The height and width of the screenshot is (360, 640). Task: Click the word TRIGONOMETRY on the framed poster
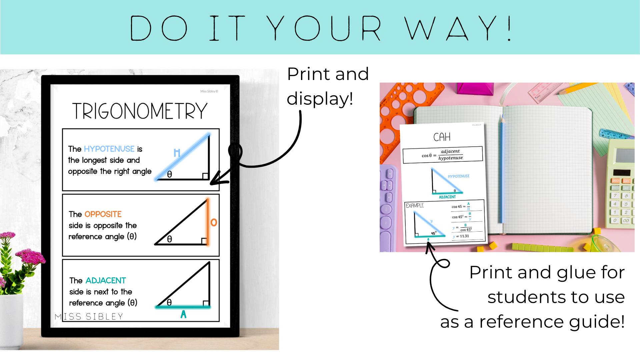tap(140, 111)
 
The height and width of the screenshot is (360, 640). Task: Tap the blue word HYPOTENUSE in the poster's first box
tap(109, 149)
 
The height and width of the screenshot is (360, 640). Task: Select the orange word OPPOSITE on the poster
tap(103, 214)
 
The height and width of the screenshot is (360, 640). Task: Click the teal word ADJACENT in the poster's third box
tap(106, 280)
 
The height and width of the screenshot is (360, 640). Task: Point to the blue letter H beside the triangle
tap(177, 153)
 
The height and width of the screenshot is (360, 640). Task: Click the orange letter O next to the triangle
tap(214, 222)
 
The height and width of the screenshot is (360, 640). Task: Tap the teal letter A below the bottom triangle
tap(183, 314)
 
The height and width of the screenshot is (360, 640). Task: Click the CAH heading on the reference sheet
tap(442, 137)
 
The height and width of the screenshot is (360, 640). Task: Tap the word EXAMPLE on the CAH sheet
tap(415, 206)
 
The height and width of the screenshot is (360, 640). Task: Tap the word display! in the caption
tap(320, 99)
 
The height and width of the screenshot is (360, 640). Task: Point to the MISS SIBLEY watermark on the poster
tap(89, 316)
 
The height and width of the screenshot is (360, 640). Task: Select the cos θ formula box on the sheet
tap(443, 155)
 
